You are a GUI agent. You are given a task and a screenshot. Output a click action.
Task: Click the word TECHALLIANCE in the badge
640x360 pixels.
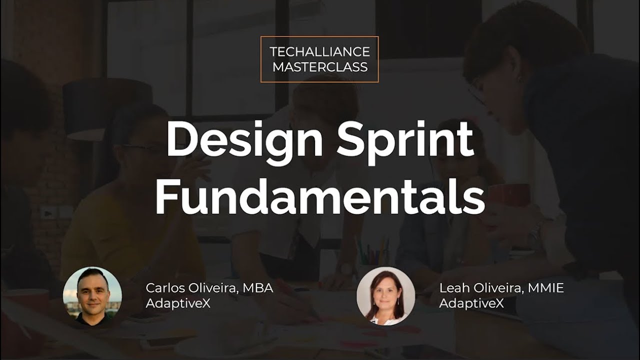319,51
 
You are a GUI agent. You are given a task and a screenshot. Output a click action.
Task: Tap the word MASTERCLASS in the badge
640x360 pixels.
319,66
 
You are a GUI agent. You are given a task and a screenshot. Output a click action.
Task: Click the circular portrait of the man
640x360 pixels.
92,296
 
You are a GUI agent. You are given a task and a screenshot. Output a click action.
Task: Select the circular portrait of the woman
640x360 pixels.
385,296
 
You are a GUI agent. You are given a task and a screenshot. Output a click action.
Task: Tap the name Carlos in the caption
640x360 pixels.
163,288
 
